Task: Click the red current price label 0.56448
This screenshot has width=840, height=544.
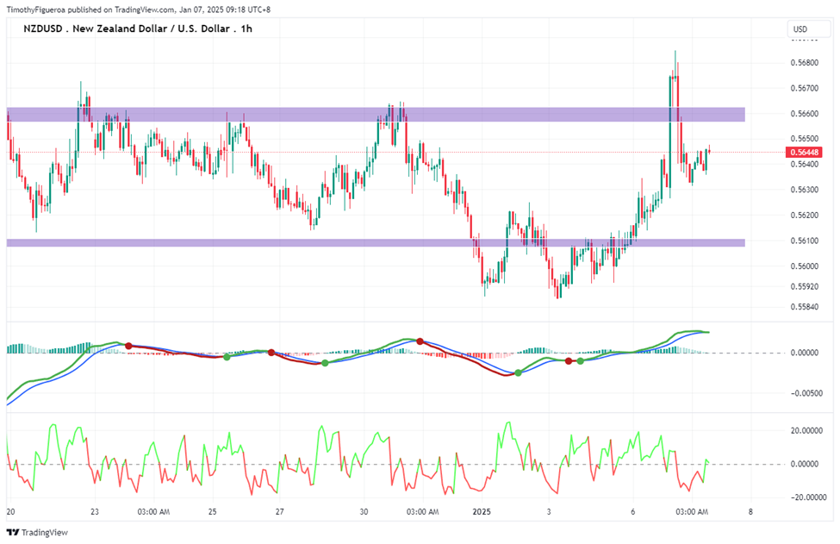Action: [804, 153]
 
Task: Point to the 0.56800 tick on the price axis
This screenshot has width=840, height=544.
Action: [805, 63]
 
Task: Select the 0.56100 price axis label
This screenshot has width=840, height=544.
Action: [805, 241]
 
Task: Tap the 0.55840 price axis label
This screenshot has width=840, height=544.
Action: [805, 307]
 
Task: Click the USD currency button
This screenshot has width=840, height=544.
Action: [800, 29]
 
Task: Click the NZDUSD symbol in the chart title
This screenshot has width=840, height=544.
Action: [43, 29]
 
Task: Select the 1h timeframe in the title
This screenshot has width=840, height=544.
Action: [246, 29]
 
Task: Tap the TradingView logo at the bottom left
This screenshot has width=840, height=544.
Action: [37, 532]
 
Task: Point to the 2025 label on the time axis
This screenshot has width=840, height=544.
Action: [482, 512]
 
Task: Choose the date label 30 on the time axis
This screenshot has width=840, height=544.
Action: [364, 512]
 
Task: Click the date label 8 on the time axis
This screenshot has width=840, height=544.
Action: [750, 512]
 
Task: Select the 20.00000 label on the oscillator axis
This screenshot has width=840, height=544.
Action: [806, 430]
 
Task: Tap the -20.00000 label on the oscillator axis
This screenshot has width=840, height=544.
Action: [806, 497]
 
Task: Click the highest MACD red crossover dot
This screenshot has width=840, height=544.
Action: [420, 341]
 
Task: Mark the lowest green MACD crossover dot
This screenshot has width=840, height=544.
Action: [518, 373]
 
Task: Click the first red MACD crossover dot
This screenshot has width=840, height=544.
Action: [128, 347]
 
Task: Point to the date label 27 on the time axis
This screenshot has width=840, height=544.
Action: [280, 512]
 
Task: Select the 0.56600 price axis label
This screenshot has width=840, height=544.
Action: [805, 114]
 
